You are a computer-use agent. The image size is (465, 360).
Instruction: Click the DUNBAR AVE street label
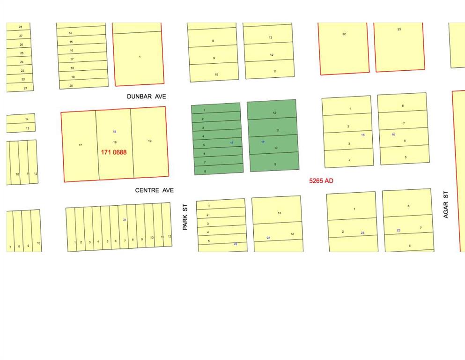click(x=147, y=97)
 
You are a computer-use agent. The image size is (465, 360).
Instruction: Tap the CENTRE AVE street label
click(x=154, y=190)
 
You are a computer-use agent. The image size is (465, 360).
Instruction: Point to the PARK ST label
click(x=185, y=216)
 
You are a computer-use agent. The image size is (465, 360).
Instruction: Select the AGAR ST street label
click(x=446, y=204)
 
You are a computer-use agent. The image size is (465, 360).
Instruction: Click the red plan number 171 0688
click(x=114, y=152)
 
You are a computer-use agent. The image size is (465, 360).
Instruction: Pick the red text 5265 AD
click(x=321, y=180)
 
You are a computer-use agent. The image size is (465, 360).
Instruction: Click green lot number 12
click(x=274, y=113)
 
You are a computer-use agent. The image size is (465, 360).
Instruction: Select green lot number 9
click(x=275, y=164)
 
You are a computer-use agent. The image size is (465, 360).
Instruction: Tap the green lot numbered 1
click(x=204, y=110)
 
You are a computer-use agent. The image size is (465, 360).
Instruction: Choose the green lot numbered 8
click(x=205, y=171)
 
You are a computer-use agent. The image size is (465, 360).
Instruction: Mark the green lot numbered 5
click(x=204, y=145)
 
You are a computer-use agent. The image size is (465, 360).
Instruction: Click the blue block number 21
click(x=125, y=220)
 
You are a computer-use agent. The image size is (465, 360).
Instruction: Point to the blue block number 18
click(x=114, y=132)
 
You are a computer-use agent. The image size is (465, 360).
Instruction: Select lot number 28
click(x=21, y=27)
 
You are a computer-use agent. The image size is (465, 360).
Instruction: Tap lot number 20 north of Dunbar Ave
click(x=71, y=85)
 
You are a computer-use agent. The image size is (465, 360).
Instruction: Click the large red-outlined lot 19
click(x=150, y=141)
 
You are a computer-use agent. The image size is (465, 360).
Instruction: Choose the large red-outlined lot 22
click(x=344, y=34)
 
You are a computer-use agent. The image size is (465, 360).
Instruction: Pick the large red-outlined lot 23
click(x=399, y=30)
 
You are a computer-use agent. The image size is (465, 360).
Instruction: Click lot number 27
click(x=21, y=36)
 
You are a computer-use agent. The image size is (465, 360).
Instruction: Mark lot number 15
click(x=71, y=42)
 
